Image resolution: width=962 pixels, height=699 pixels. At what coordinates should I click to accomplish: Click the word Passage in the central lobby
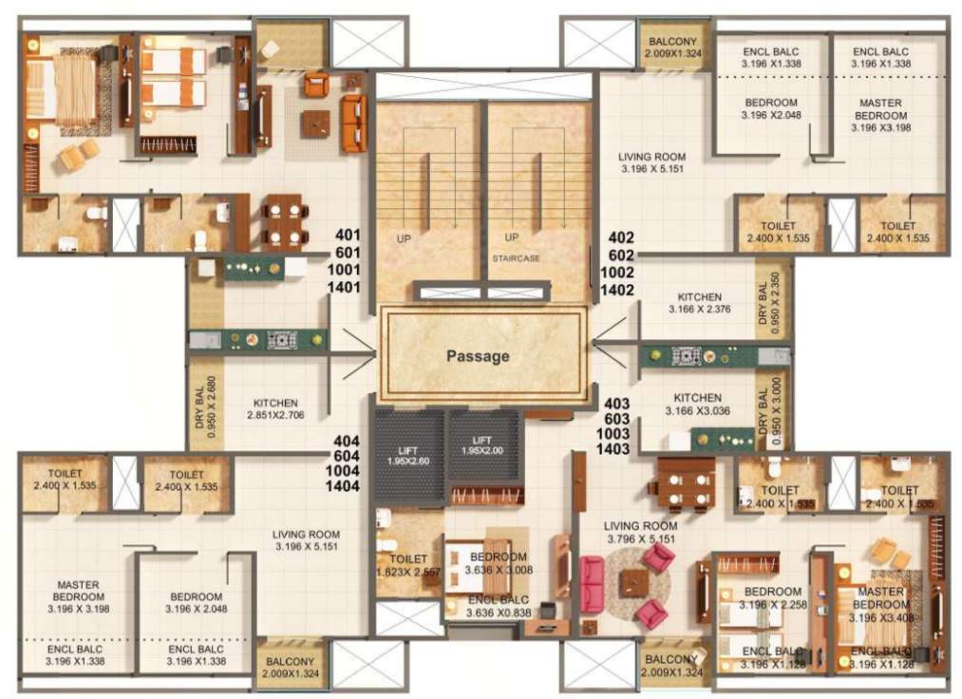[x=479, y=357]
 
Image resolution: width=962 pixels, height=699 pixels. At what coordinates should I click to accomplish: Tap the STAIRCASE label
[x=516, y=257]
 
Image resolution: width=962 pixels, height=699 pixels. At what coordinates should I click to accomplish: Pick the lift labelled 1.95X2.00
[x=483, y=445]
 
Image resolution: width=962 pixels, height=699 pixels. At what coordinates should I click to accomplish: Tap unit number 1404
[x=348, y=486]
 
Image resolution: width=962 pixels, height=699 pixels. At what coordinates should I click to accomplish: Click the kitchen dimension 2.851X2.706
[x=275, y=415]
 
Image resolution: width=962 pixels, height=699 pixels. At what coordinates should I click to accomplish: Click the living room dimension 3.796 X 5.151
[x=641, y=538]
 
